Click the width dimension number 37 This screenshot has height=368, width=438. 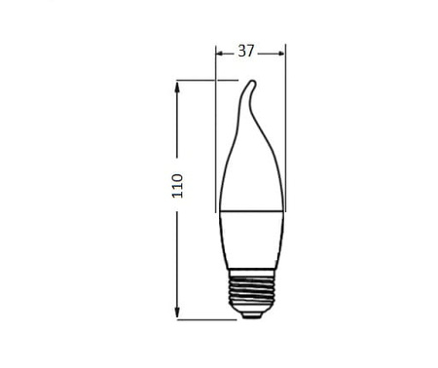246,52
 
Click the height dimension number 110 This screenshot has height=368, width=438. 177,186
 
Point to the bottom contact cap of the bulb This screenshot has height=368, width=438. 252,315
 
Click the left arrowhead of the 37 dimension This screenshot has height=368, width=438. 220,54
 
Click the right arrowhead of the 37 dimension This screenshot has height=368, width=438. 281,54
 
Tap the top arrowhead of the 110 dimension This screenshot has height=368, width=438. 177,87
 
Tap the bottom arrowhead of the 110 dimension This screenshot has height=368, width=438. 177,313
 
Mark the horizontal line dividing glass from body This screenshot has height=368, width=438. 252,211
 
